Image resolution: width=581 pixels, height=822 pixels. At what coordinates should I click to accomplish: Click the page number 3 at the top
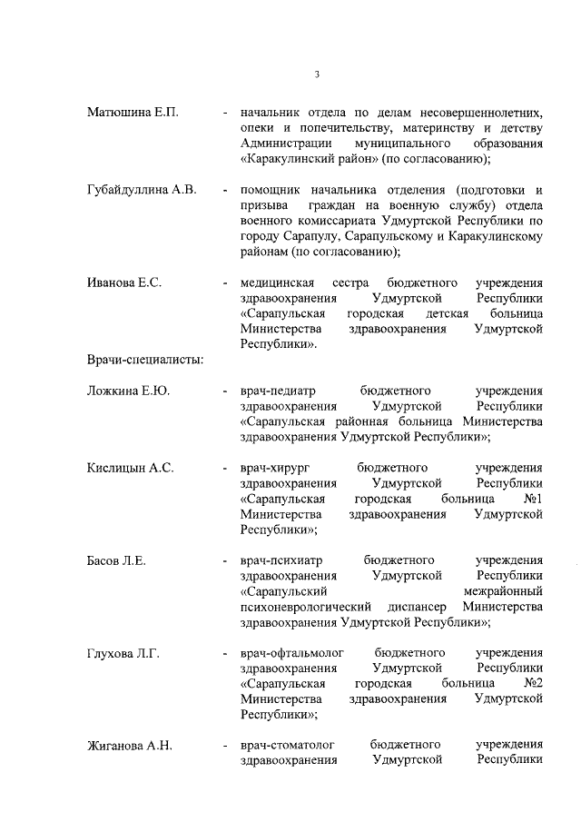tap(316, 74)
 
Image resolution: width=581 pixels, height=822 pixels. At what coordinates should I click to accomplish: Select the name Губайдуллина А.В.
tap(142, 191)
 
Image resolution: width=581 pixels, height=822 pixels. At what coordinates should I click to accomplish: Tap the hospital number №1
tap(533, 500)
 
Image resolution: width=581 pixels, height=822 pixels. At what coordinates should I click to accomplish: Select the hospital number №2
tap(533, 684)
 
